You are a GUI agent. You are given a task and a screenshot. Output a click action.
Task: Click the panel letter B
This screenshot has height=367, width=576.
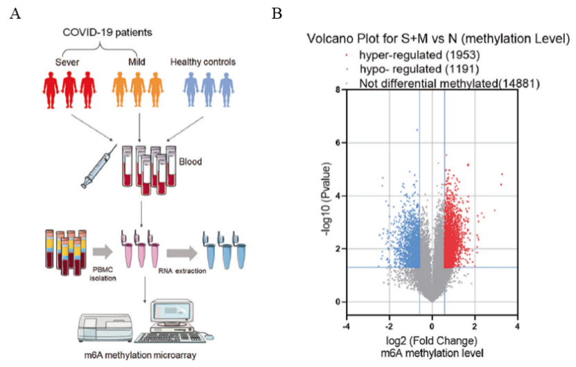[277, 13]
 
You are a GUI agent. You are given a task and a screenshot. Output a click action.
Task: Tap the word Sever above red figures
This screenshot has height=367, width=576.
[67, 62]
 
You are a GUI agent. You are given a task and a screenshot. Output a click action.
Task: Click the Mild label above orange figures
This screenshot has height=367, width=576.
[137, 62]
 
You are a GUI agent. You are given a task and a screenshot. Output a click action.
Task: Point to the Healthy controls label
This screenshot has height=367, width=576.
[203, 62]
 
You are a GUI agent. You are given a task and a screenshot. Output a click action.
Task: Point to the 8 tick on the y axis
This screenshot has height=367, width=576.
[337, 89]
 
